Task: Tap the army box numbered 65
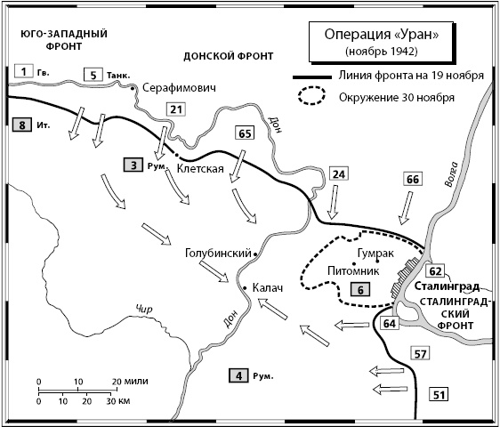tap(245, 135)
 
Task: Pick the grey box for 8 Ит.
tap(20, 125)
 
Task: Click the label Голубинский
tap(217, 253)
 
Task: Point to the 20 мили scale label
tap(127, 381)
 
